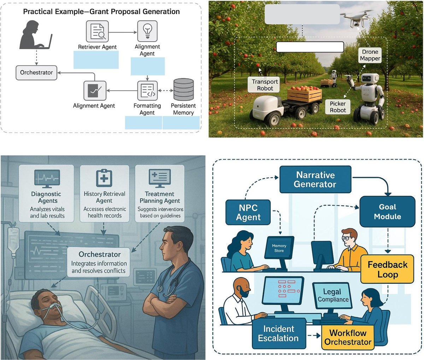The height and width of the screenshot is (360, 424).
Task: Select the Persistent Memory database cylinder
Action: [183, 90]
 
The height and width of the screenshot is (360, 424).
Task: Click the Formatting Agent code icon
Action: [147, 91]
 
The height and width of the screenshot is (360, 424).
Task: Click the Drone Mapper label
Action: [370, 55]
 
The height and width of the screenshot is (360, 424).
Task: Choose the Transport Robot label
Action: [265, 85]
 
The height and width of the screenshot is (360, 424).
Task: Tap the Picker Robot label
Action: [338, 107]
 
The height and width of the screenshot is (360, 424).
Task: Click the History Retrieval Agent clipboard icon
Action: [104, 178]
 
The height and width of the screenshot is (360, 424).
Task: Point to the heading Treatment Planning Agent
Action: [160, 197]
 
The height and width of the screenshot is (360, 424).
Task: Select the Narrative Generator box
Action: [315, 180]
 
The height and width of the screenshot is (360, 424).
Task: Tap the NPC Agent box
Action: [248, 212]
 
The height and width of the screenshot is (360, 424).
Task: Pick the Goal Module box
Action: [387, 212]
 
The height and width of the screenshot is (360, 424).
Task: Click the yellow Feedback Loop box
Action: [387, 269]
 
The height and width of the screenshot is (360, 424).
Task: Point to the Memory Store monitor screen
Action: [279, 248]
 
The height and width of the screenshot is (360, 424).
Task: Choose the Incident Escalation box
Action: [278, 333]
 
